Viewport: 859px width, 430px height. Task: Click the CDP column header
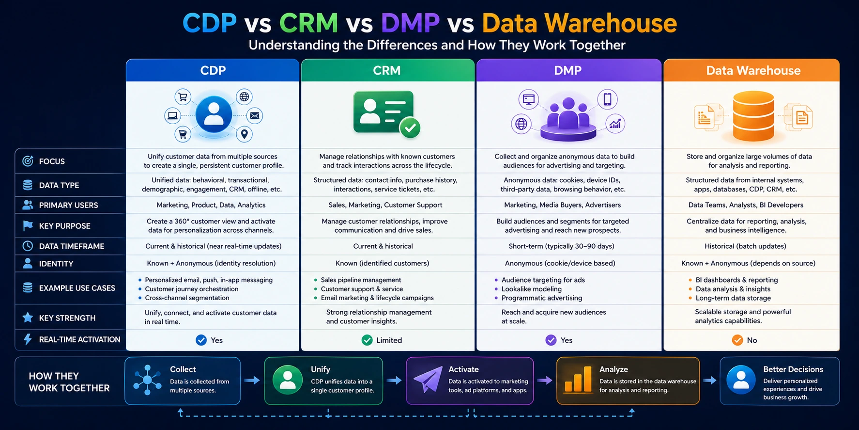[213, 71]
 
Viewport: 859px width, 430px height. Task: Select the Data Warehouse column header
[753, 71]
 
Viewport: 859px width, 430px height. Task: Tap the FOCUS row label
[52, 161]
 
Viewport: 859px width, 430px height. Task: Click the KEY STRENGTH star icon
[28, 318]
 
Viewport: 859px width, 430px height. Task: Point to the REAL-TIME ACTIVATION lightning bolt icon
[28, 339]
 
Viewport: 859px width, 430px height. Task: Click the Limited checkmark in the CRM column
[368, 340]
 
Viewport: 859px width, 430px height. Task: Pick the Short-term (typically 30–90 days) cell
[561, 246]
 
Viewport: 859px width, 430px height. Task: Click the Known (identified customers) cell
[382, 263]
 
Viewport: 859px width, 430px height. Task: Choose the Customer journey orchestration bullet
[191, 289]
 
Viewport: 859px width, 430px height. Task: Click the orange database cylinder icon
[753, 116]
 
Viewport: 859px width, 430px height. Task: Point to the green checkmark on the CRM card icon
[410, 127]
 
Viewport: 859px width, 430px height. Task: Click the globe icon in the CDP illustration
[245, 97]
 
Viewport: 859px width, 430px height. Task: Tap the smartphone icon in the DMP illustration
[607, 99]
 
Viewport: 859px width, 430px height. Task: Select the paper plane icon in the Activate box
[428, 380]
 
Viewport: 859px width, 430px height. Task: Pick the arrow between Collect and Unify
[252, 381]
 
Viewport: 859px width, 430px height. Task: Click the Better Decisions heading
[793, 369]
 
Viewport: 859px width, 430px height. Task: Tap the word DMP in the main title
[410, 23]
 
